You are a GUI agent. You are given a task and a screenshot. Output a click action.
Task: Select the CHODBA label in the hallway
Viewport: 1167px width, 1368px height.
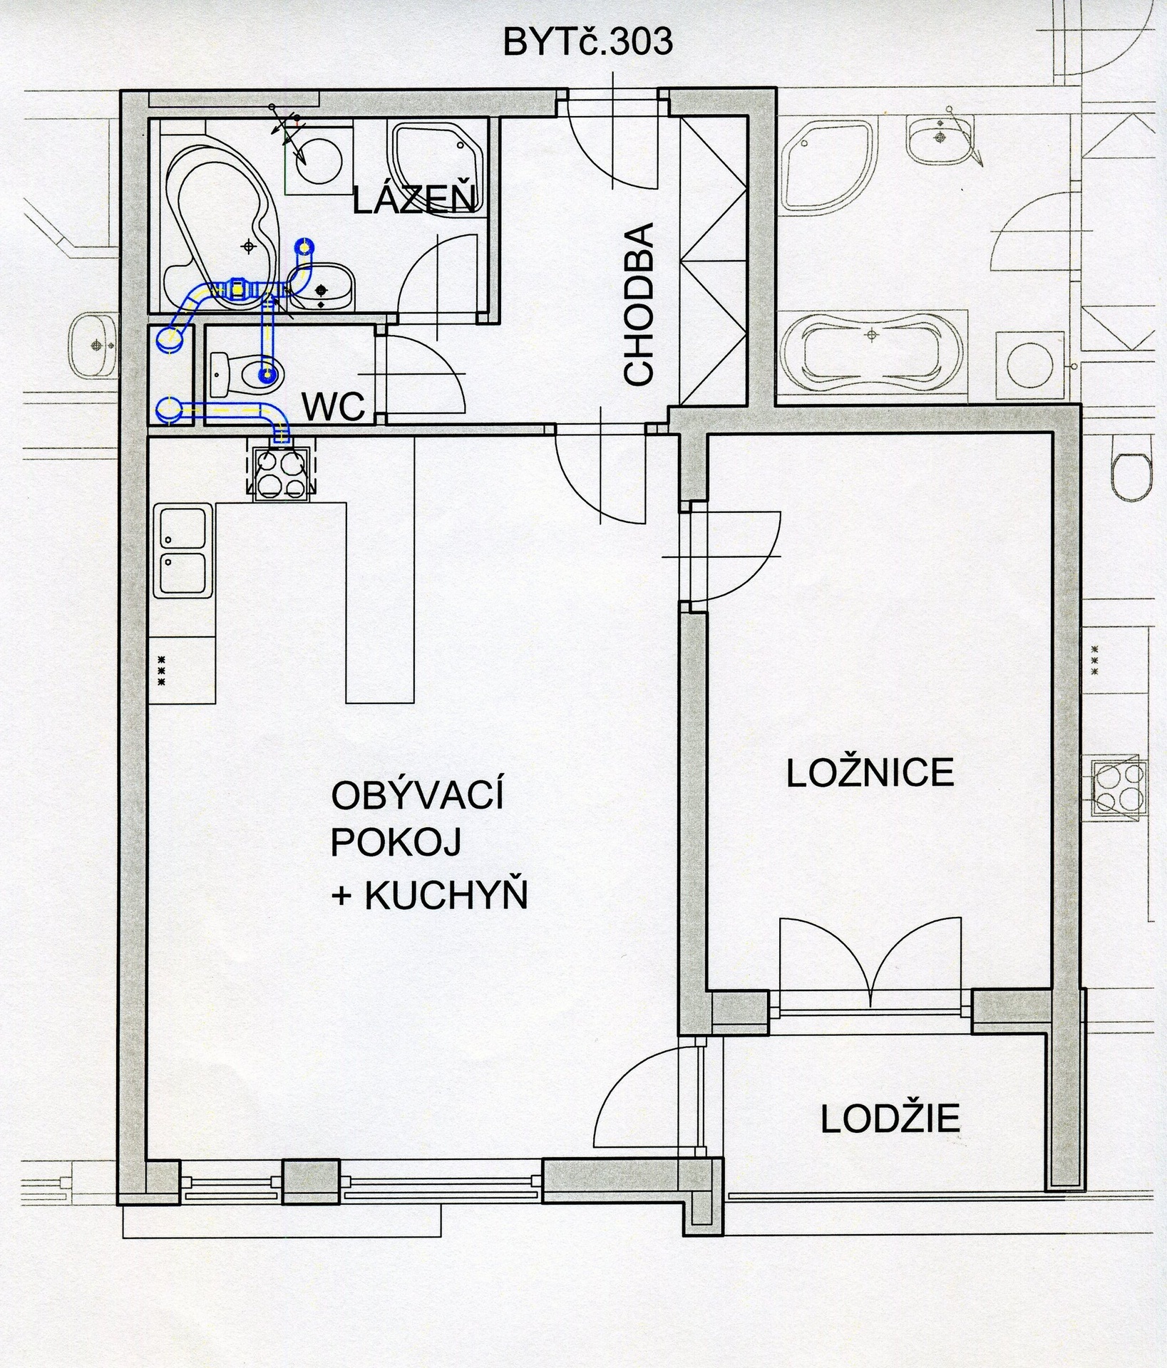(638, 304)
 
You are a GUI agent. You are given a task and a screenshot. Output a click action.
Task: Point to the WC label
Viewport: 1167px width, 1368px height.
(334, 407)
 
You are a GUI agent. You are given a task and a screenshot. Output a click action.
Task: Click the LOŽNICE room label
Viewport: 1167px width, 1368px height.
(870, 772)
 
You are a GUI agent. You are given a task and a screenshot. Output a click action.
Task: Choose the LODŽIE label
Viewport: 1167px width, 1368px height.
(890, 1119)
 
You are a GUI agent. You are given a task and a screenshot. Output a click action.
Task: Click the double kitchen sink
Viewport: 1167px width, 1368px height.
(183, 551)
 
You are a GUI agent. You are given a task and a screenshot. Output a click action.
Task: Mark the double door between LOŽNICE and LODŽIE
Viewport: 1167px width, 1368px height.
(869, 962)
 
